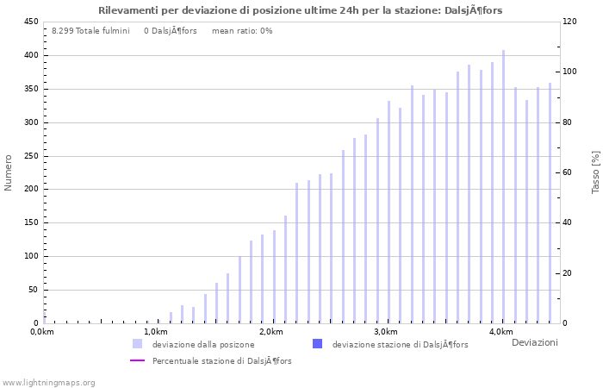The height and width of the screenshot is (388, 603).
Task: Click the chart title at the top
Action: tap(301, 10)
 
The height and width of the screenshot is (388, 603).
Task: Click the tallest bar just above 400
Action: tap(504, 186)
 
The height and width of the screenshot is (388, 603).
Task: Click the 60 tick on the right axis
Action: tap(570, 172)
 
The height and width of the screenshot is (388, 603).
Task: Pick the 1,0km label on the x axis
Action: tap(156, 332)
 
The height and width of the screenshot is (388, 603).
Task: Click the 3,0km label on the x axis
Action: tap(386, 332)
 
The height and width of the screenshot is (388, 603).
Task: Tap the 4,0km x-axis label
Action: tap(500, 332)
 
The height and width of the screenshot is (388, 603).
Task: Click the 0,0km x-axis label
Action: tap(42, 332)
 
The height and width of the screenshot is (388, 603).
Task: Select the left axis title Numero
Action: tap(9, 172)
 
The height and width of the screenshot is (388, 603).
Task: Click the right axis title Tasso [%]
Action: tap(595, 172)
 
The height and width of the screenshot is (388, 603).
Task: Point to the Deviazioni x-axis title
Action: tap(534, 343)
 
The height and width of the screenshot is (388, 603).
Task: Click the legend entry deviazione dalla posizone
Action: tap(203, 345)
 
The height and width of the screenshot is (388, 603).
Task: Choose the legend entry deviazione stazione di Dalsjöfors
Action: tap(400, 345)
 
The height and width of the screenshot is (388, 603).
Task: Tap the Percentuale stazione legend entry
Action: tap(221, 361)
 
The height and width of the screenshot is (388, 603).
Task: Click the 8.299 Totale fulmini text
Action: tap(90, 31)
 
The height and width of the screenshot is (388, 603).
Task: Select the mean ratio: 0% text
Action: tap(242, 31)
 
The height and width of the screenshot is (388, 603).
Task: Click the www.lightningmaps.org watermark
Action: tap(49, 383)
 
